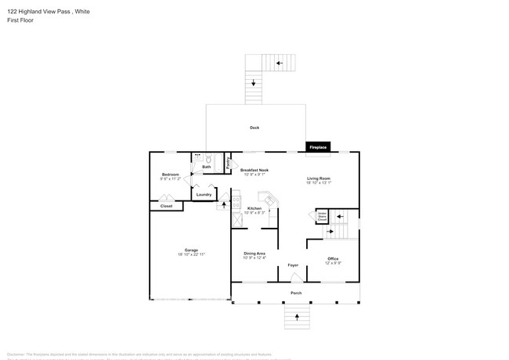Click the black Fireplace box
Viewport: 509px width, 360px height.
[x=317, y=147]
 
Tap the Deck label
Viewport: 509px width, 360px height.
[x=254, y=128]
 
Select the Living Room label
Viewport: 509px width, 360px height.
[x=318, y=178]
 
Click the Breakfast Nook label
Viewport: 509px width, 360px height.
[x=254, y=170]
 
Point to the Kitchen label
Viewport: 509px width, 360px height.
[x=254, y=208]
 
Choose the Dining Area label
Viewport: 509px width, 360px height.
[x=254, y=254]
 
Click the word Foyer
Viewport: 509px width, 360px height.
[x=294, y=265]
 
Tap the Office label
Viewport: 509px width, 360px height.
[x=333, y=259]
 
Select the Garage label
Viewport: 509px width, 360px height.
[x=190, y=250]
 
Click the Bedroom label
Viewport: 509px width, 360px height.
[x=171, y=175]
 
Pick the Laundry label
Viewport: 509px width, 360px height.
[x=204, y=194]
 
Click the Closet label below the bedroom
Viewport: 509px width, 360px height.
[x=166, y=206]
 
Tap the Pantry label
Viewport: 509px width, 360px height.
[x=227, y=164]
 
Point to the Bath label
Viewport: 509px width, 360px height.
[x=207, y=167]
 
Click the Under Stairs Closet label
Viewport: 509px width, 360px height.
[x=322, y=216]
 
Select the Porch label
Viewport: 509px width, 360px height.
[x=296, y=294]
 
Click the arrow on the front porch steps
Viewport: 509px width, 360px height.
[x=297, y=317]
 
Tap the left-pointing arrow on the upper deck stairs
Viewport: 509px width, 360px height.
[x=280, y=63]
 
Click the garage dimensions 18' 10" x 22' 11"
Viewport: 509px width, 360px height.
[x=190, y=255]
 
